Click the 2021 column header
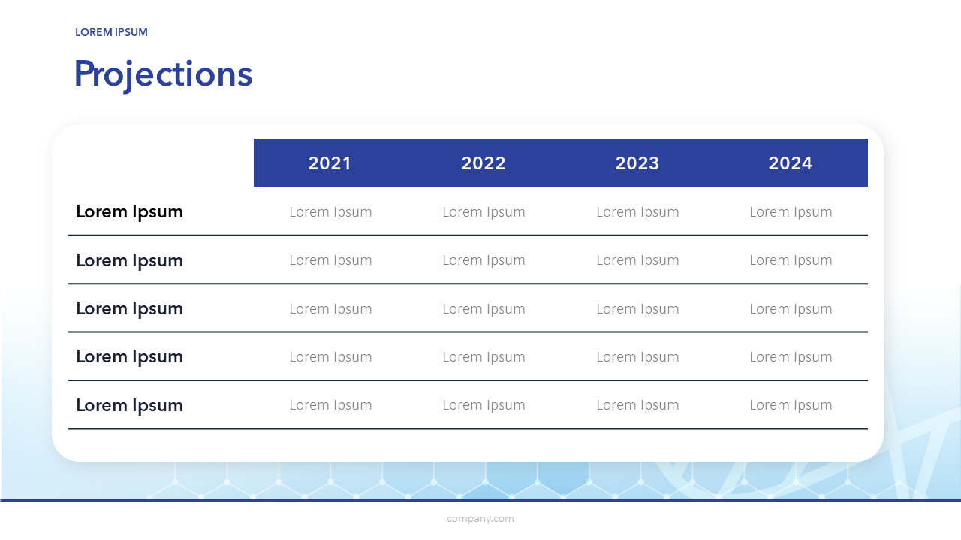(x=330, y=163)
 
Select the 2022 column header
(x=484, y=163)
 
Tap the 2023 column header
(x=637, y=163)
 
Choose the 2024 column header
(x=791, y=163)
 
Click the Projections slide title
(x=164, y=75)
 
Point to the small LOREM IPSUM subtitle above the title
(x=112, y=32)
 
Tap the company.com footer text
(x=480, y=518)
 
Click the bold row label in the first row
(x=130, y=212)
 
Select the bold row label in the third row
(x=130, y=309)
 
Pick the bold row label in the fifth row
(x=130, y=406)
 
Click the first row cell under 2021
(x=330, y=212)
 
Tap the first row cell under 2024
(x=791, y=212)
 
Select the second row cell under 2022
(x=484, y=260)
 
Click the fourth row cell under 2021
(x=330, y=358)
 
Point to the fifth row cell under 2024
(x=791, y=406)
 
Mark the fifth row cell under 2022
(x=484, y=406)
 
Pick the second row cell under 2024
(x=791, y=260)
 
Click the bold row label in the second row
(x=130, y=261)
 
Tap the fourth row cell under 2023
(x=637, y=358)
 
